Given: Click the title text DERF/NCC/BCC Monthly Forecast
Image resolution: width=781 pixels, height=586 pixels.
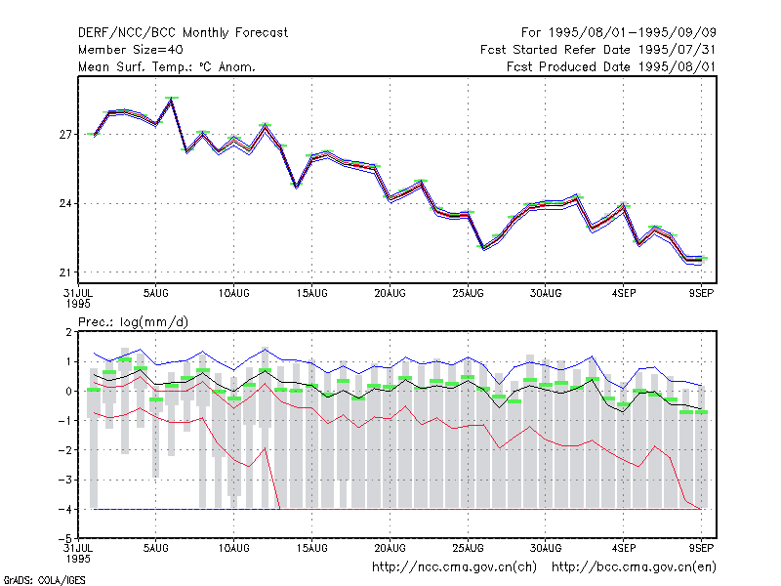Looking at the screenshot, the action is [183, 33].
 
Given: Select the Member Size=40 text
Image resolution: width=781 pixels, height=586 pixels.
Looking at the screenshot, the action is [131, 50].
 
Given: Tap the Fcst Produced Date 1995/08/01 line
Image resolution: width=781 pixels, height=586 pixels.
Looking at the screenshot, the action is [611, 66].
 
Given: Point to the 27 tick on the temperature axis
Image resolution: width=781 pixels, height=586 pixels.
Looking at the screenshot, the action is [65, 135].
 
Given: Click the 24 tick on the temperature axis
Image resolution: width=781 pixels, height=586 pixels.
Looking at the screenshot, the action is [65, 204].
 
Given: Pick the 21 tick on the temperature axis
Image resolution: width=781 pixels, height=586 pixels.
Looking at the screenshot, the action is [65, 272].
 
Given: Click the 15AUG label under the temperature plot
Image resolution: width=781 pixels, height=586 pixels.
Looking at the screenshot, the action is [311, 294].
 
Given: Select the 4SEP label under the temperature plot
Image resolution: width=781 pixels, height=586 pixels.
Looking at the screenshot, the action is [624, 294].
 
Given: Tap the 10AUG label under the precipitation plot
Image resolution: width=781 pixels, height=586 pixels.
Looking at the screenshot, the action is [233, 548].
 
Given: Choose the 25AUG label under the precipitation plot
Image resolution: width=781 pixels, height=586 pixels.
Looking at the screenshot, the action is [468, 548].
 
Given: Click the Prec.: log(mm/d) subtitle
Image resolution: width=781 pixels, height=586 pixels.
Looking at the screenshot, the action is [133, 322].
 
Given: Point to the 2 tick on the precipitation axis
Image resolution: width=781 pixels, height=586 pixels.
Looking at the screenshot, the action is [68, 332].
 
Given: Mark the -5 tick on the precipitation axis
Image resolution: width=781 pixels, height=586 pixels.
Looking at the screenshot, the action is [65, 539].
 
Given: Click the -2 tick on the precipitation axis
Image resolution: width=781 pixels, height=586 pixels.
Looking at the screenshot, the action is [65, 450].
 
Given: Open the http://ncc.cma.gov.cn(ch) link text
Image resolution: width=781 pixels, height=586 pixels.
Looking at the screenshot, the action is [454, 567].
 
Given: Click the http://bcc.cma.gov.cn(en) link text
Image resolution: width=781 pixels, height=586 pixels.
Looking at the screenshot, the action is [634, 567].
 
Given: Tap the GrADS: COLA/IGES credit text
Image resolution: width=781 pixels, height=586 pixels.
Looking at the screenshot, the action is [44, 580].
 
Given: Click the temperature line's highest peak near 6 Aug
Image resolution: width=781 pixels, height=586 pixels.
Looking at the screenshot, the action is [172, 100].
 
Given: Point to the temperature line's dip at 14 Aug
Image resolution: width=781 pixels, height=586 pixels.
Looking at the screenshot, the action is [297, 187].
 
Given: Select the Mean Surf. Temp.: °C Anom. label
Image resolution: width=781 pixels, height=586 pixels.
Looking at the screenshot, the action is [167, 66].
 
